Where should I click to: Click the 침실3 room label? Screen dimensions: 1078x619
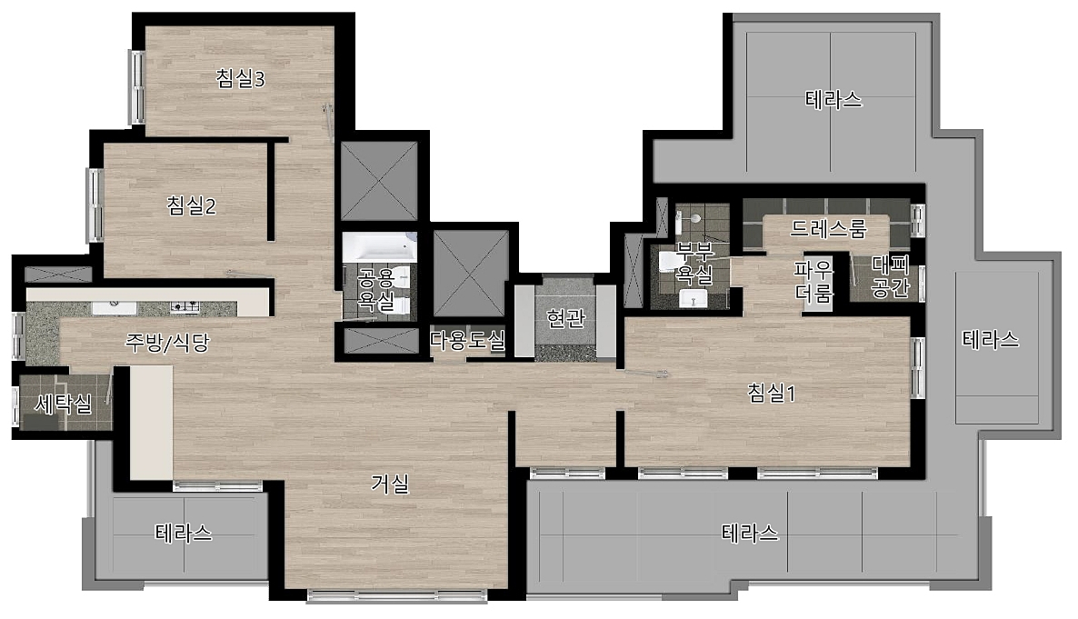[240, 78]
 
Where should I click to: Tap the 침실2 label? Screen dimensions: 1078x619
[191, 205]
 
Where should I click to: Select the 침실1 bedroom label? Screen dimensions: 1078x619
[772, 393]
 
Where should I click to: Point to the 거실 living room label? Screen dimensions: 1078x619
[390, 484]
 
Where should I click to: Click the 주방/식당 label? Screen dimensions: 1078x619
[167, 342]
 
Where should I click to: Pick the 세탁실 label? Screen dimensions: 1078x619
[63, 404]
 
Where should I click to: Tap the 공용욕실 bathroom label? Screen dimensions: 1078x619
[376, 289]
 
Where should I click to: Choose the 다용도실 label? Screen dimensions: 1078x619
[467, 339]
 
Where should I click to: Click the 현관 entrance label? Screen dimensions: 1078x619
[565, 318]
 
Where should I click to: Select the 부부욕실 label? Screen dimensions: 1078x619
[694, 263]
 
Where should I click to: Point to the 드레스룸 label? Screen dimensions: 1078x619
[828, 227]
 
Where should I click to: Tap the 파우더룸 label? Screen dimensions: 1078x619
[813, 281]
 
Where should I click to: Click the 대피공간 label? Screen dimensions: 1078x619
[891, 275]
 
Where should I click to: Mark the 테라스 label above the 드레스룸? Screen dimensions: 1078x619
[833, 100]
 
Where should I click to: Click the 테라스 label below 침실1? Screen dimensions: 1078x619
[750, 533]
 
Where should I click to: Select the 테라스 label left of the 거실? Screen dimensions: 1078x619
[184, 533]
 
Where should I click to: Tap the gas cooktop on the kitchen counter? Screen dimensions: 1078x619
[185, 306]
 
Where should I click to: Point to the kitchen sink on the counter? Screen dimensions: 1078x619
[115, 306]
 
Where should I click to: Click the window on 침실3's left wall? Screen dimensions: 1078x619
[137, 86]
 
